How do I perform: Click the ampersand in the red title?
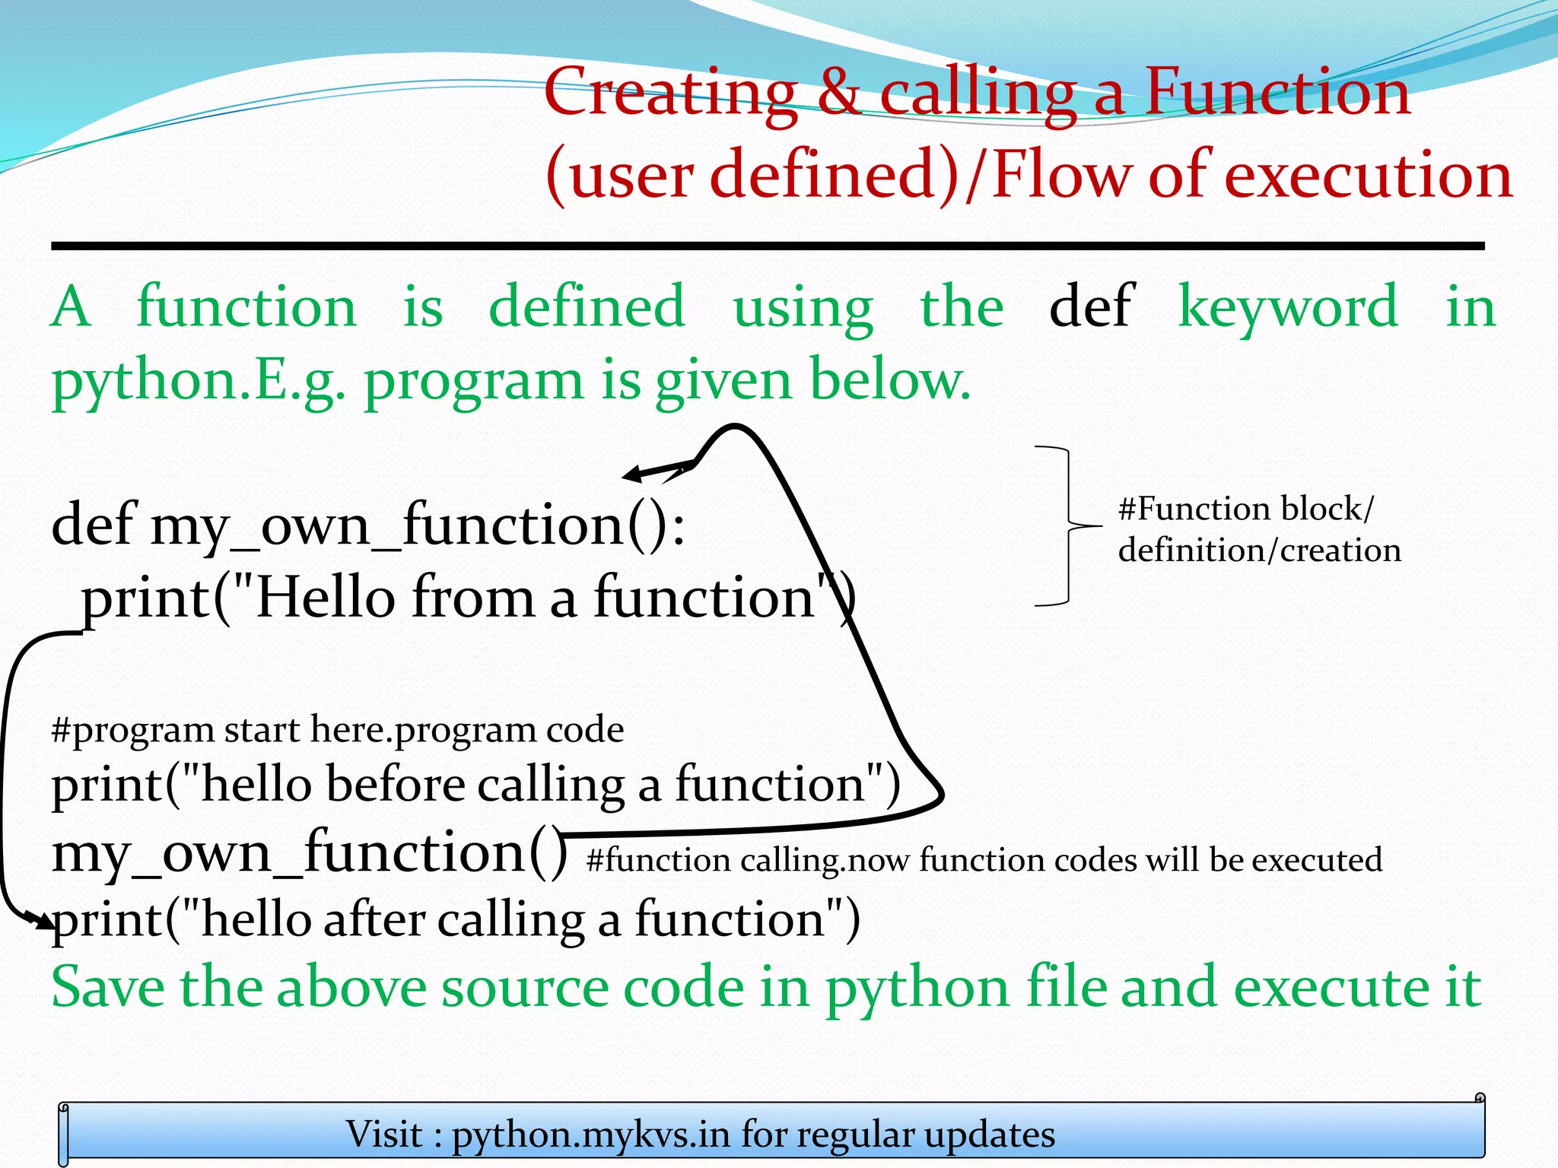coord(838,94)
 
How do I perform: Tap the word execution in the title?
coord(1369,175)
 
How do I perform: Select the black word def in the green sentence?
coord(1091,306)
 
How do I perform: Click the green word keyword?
coord(1288,306)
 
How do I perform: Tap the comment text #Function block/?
coord(1246,509)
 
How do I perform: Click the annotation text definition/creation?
coord(1259,550)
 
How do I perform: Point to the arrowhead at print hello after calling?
coord(42,921)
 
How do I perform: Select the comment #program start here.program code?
coord(337,729)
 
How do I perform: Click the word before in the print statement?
coord(395,784)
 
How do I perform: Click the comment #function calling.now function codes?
coord(984,860)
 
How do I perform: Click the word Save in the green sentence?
coord(107,987)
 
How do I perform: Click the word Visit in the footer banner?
coord(384,1134)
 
